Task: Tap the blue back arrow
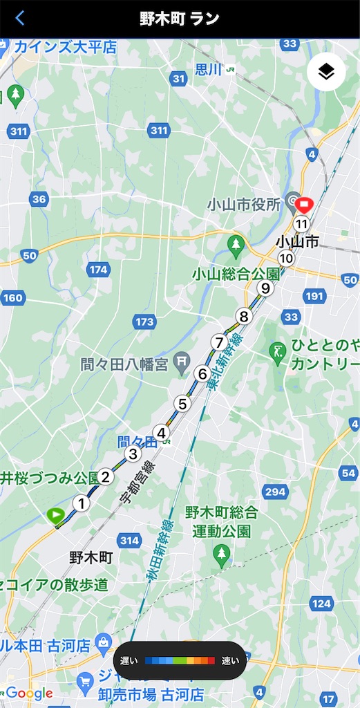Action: (x=19, y=19)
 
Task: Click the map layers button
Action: (x=326, y=71)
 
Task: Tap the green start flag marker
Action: (x=55, y=514)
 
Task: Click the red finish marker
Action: (x=305, y=204)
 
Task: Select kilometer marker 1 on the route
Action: (x=82, y=503)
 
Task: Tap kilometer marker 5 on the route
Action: (x=182, y=404)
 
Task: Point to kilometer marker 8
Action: (x=243, y=317)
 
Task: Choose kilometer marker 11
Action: (x=301, y=224)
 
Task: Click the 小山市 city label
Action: (x=297, y=241)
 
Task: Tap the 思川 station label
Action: (x=207, y=69)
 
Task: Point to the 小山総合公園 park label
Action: (x=236, y=273)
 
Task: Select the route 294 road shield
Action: (x=274, y=492)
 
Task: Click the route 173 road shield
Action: (x=145, y=322)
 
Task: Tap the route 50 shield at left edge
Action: (x=29, y=256)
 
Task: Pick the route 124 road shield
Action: (x=321, y=604)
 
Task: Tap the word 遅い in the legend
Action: (x=130, y=661)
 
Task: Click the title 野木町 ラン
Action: (x=180, y=19)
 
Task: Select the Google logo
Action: (x=29, y=693)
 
